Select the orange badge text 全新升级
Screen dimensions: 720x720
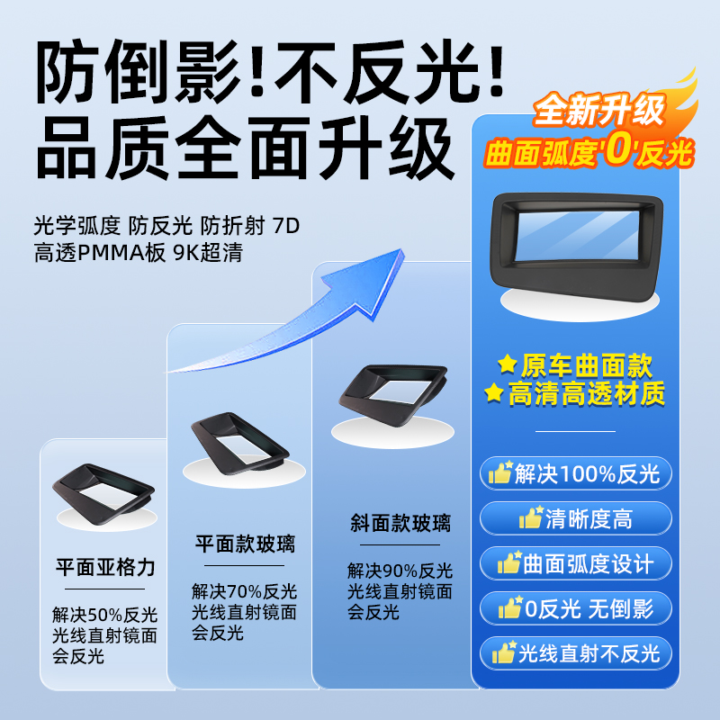click(x=598, y=111)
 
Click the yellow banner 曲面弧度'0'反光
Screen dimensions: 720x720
click(x=589, y=152)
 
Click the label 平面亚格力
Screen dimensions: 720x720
click(x=105, y=568)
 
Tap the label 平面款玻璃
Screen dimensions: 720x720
click(x=245, y=544)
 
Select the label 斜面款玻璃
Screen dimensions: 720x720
click(x=400, y=523)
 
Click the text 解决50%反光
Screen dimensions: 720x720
click(x=104, y=616)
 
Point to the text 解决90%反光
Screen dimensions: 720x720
click(x=400, y=571)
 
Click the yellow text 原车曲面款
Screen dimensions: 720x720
click(x=576, y=364)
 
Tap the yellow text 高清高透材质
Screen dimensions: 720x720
click(x=576, y=393)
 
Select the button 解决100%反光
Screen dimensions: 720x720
click(x=576, y=473)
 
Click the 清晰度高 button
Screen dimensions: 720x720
click(x=576, y=518)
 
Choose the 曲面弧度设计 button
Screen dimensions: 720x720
click(x=576, y=563)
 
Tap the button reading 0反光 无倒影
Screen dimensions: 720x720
click(x=576, y=608)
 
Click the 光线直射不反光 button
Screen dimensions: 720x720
click(x=576, y=653)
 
